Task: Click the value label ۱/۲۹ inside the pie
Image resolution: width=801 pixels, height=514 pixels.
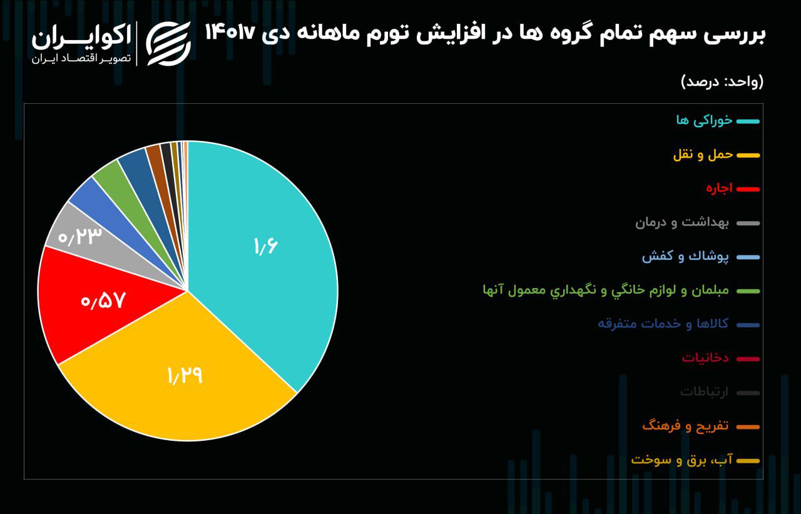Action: tap(185, 376)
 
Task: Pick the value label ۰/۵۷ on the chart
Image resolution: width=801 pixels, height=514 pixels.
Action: tap(103, 301)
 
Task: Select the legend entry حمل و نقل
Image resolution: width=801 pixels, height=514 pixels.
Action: tap(703, 154)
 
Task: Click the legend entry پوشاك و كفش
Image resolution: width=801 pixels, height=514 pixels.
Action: tap(685, 256)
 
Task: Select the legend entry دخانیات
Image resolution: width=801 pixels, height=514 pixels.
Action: tap(705, 358)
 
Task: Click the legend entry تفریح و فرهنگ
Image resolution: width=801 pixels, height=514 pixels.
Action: tap(685, 426)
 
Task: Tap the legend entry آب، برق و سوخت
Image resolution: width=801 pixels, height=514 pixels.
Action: tap(681, 460)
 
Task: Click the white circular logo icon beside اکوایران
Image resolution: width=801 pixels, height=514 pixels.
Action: tap(168, 43)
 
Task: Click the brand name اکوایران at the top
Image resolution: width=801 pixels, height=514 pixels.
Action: tap(81, 38)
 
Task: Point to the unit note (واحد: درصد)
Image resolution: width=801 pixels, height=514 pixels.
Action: tap(722, 81)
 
